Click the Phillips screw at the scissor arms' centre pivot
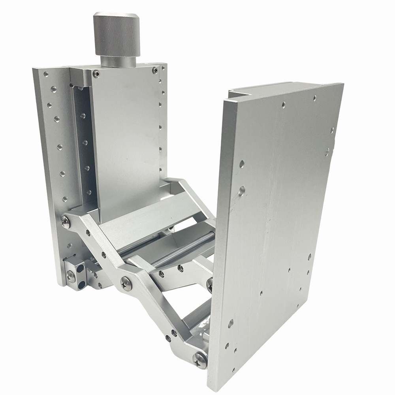[125, 282]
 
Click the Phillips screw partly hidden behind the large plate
[209, 281]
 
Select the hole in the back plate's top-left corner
[47, 74]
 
